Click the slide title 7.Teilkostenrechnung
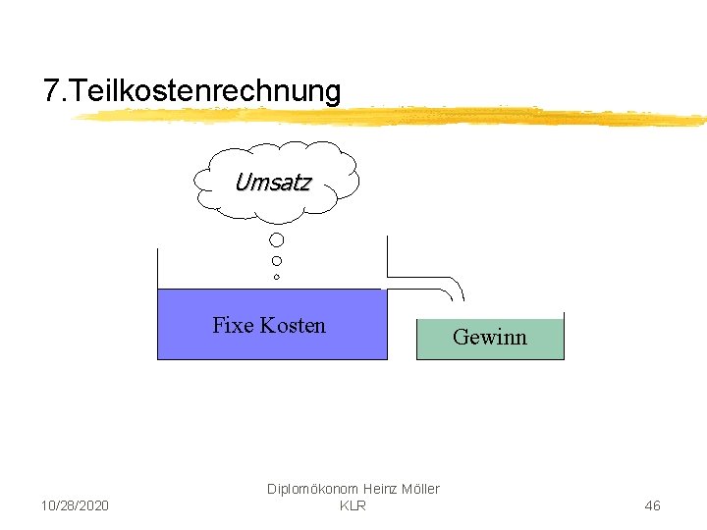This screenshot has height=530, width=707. pos(192,91)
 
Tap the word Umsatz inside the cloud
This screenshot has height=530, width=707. pos(273,182)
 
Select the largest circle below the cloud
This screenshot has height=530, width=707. pos(277,239)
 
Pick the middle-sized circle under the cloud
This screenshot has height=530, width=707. pos(277,261)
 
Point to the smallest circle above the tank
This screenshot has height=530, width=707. pos(277,278)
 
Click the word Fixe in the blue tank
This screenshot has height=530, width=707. pos(233,326)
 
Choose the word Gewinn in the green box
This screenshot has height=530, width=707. pos(490,338)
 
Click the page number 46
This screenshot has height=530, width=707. pos(652,505)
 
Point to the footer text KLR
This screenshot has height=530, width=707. pos(353,505)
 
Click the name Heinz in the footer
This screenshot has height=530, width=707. pos(378,489)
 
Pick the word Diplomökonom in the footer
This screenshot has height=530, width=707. pos(313,489)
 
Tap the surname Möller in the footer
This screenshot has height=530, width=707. pos(421,489)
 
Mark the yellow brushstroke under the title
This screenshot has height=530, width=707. pos(393,117)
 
